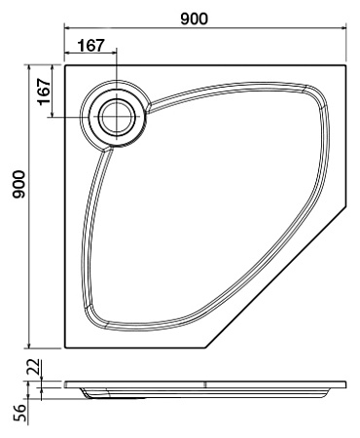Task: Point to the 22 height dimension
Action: point(32,368)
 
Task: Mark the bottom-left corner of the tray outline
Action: point(64,347)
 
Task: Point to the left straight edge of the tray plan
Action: point(64,214)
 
